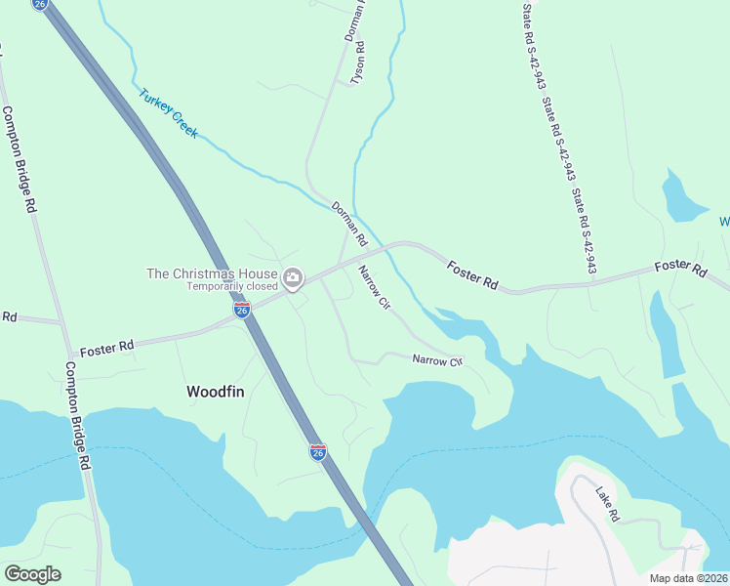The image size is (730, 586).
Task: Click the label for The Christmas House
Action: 212,273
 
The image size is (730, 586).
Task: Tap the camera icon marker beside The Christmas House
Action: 292,280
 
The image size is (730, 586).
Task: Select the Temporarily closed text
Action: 232,287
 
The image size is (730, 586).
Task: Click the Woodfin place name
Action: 215,391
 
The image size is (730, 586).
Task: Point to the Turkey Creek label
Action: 168,114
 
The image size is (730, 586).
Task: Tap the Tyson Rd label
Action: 358,61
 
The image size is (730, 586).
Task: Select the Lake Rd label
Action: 606,505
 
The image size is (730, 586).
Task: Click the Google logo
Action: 33,573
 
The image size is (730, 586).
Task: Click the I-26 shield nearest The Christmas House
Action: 242,310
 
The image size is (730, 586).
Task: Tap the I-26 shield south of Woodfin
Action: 318,451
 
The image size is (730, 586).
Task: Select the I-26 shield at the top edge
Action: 39,5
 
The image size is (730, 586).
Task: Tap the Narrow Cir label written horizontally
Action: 435,361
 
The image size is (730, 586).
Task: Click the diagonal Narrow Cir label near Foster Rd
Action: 374,288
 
